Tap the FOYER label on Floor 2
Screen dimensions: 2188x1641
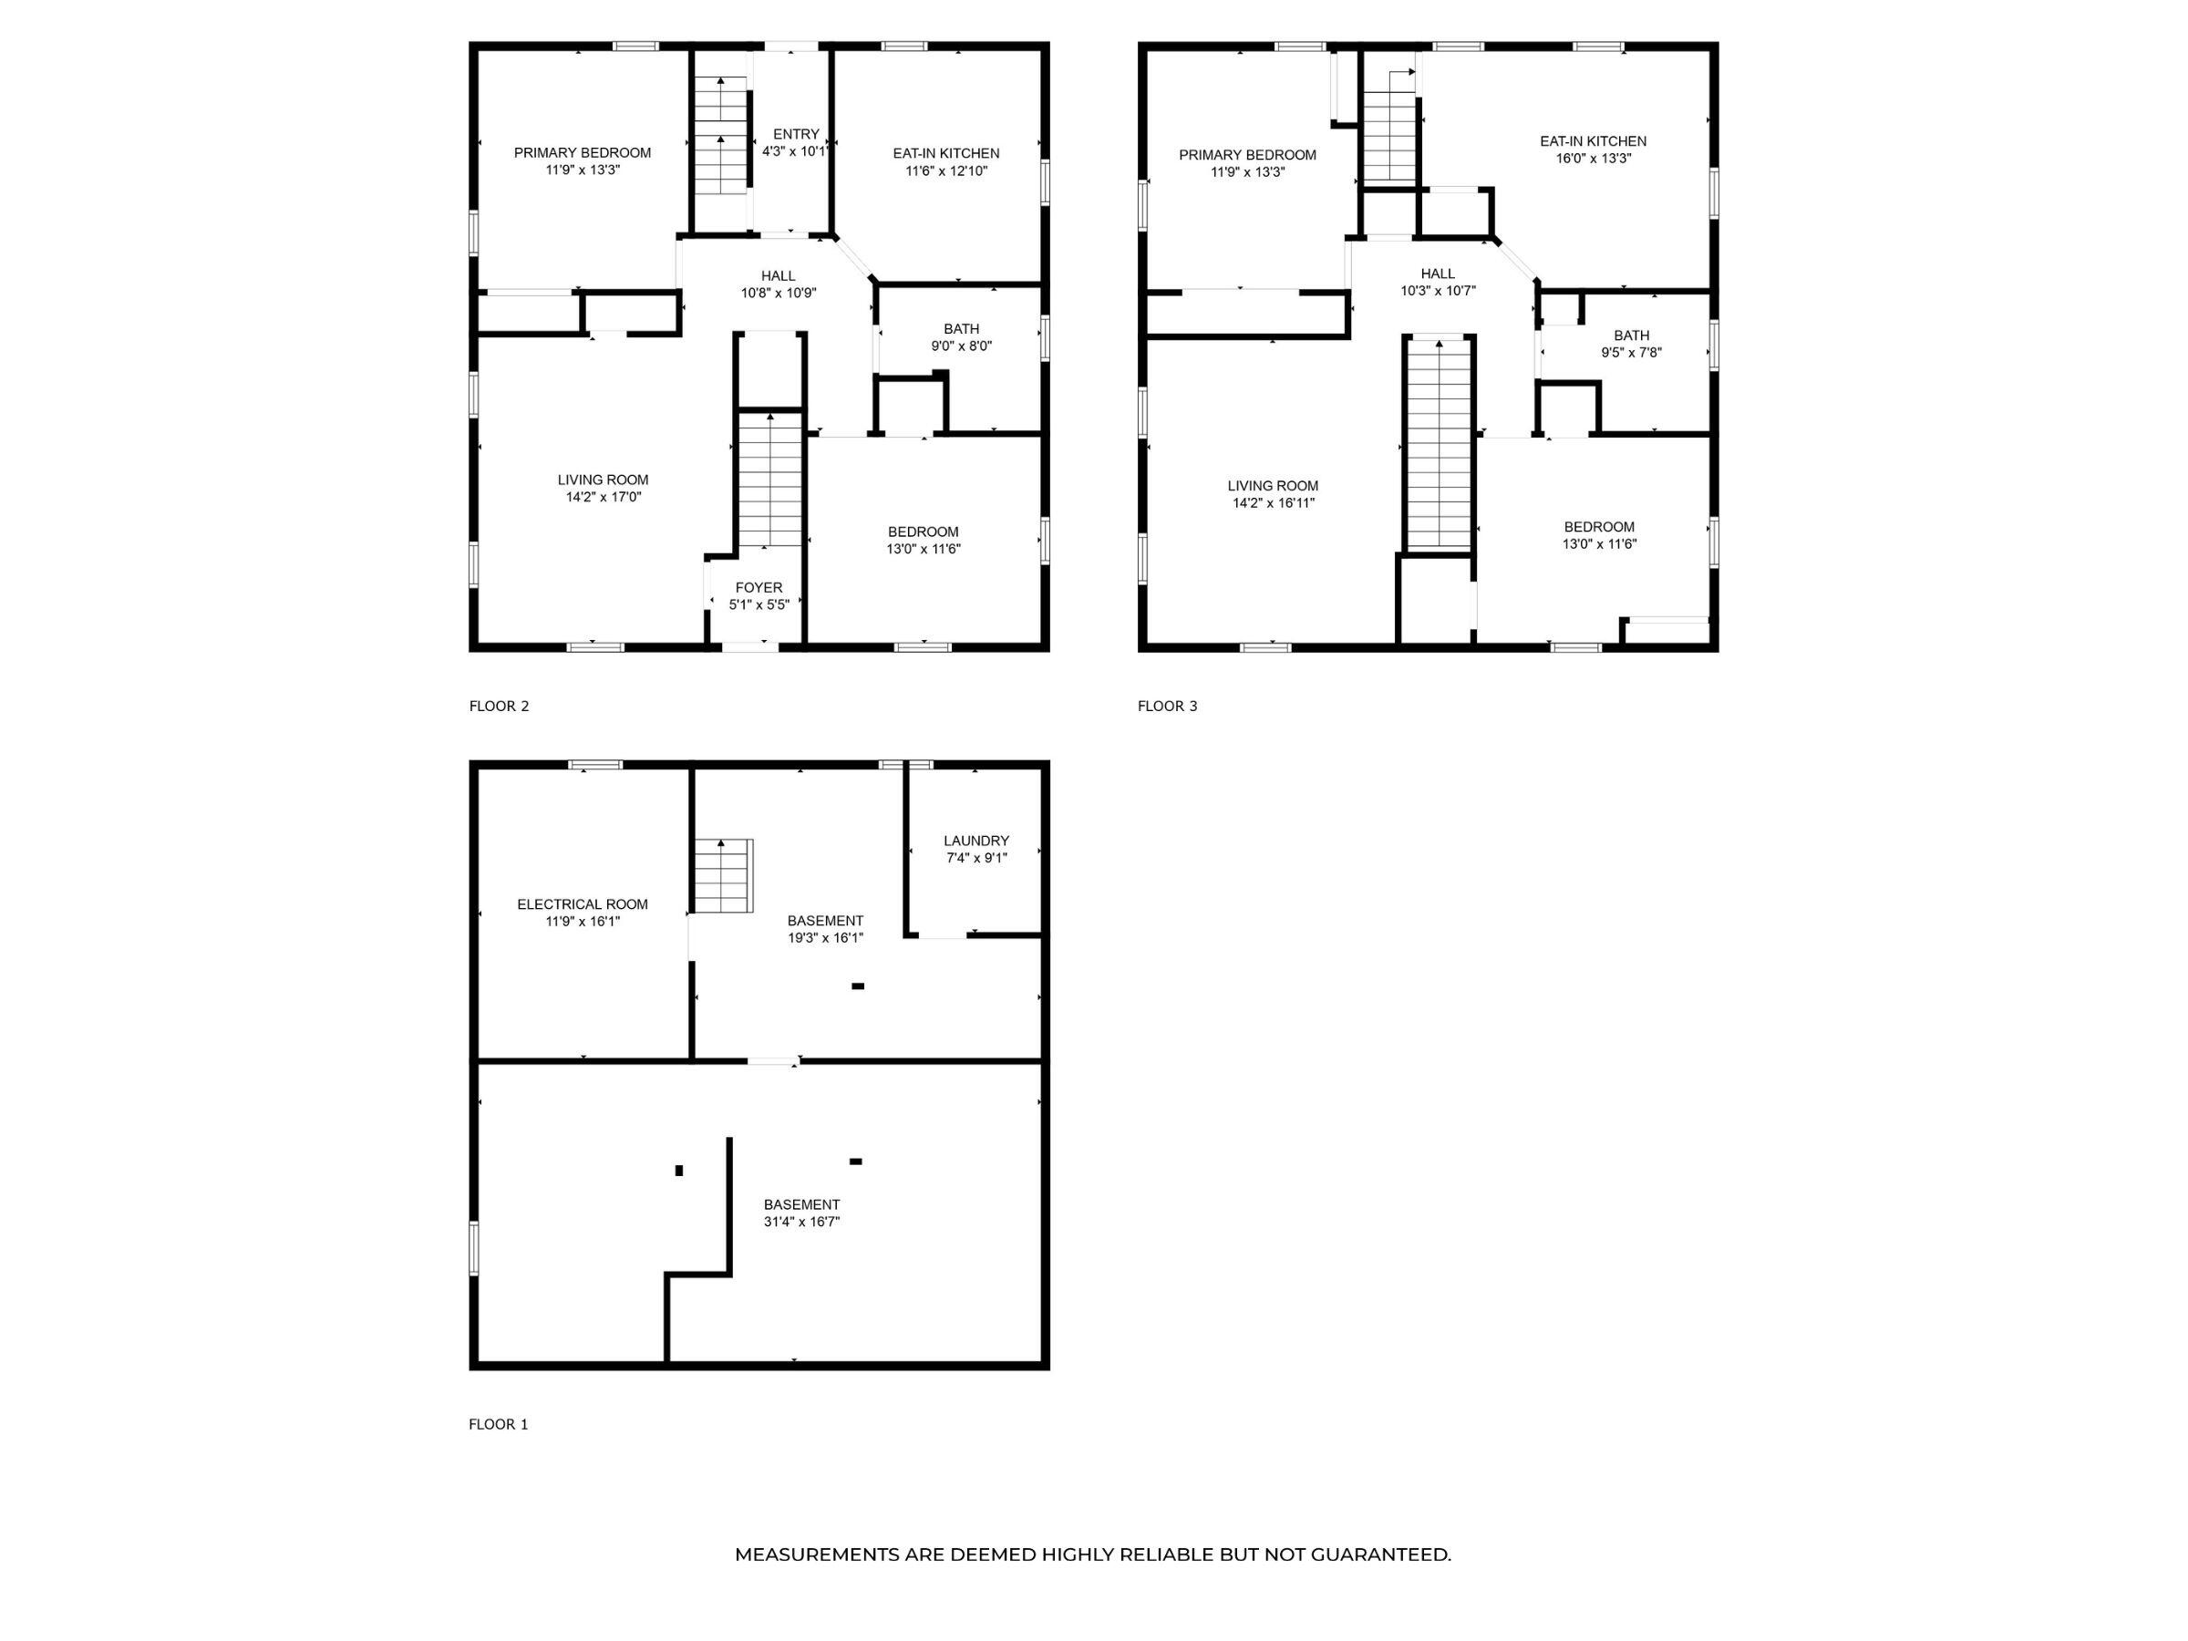[x=759, y=587]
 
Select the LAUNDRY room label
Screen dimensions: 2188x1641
[x=976, y=841]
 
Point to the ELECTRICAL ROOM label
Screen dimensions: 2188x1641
[x=583, y=904]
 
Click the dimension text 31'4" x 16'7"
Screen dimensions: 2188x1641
[x=801, y=1222]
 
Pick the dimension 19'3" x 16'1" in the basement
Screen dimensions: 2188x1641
[x=826, y=938]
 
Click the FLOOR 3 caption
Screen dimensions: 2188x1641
[x=1167, y=707]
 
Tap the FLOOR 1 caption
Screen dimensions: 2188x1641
[x=499, y=1424]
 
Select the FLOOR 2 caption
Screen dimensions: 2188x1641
[x=499, y=707]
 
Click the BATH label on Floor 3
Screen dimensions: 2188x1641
[x=1631, y=335]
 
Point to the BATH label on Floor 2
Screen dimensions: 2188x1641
[x=962, y=329]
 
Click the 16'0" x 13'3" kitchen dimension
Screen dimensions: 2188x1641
[x=1593, y=159]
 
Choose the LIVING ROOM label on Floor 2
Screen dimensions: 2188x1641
[x=604, y=480]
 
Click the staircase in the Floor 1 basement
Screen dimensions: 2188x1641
[x=723, y=875]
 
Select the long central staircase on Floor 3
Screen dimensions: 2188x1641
[x=1440, y=443]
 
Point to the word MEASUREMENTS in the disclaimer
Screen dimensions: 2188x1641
[x=817, y=1554]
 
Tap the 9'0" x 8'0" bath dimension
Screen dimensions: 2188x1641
[x=962, y=346]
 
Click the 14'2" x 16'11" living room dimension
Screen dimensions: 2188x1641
[x=1273, y=502]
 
